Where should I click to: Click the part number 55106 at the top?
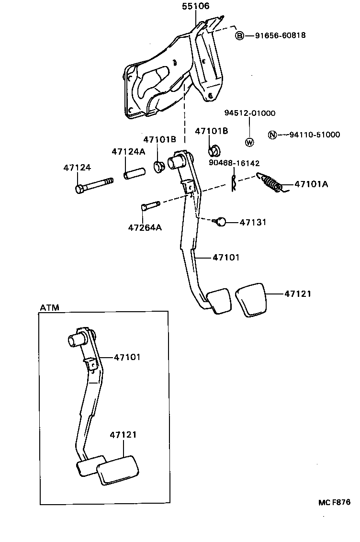coord(196,6)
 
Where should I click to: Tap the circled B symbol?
coord(240,35)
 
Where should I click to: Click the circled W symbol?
coord(249,142)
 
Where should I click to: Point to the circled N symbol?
coord(272,135)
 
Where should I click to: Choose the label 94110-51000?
coord(315,135)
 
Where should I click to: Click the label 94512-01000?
coord(249,113)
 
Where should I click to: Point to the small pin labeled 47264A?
coord(149,207)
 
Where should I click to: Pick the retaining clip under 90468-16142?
coord(234,183)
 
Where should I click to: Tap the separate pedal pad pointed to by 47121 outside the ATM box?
coord(250,300)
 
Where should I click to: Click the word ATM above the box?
coord(49,307)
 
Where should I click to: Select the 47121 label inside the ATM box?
coord(123,435)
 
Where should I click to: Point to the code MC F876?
coord(334,502)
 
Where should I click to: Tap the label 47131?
coord(253,223)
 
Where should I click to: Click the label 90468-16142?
coord(234,163)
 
